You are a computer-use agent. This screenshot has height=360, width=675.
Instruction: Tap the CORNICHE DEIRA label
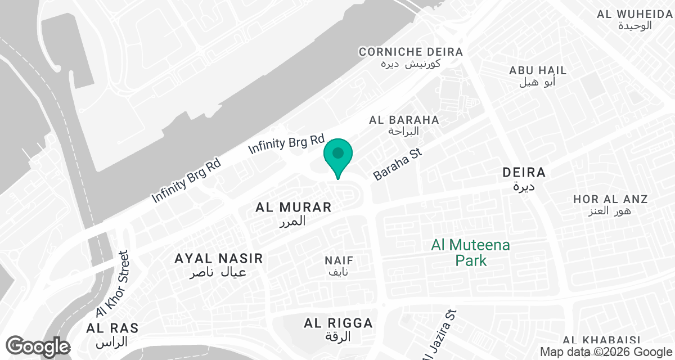(411, 52)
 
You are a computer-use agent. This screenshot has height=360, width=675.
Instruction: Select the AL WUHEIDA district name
(634, 14)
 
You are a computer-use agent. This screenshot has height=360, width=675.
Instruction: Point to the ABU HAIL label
(538, 71)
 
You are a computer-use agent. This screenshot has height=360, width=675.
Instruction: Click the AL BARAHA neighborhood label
(404, 120)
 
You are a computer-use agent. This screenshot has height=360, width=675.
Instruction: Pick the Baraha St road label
(397, 164)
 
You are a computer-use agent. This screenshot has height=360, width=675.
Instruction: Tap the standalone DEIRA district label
(524, 172)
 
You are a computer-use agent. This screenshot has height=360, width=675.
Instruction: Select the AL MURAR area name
(294, 208)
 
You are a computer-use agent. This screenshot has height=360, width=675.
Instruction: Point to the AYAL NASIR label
(219, 259)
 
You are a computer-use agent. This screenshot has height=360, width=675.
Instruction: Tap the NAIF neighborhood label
(339, 261)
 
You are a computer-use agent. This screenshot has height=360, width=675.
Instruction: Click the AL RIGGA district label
(338, 323)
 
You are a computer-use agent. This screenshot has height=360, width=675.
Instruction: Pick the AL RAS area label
(112, 328)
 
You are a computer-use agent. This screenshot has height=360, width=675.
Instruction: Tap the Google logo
(38, 346)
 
